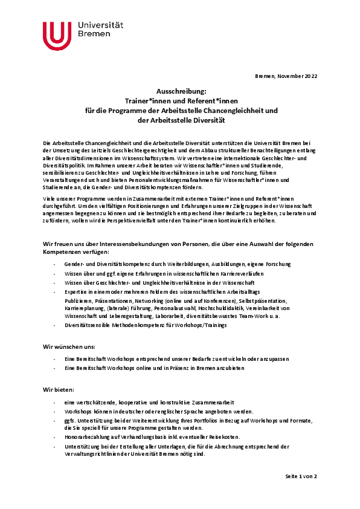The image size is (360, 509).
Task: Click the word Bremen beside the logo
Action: click(94, 36)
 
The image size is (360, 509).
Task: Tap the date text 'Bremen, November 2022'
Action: click(286, 76)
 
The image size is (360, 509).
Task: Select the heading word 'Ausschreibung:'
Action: click(181, 90)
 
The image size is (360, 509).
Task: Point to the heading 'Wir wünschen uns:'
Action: click(69, 346)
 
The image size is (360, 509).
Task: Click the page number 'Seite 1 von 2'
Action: click(301, 476)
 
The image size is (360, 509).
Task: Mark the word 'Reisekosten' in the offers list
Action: click(224, 436)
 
